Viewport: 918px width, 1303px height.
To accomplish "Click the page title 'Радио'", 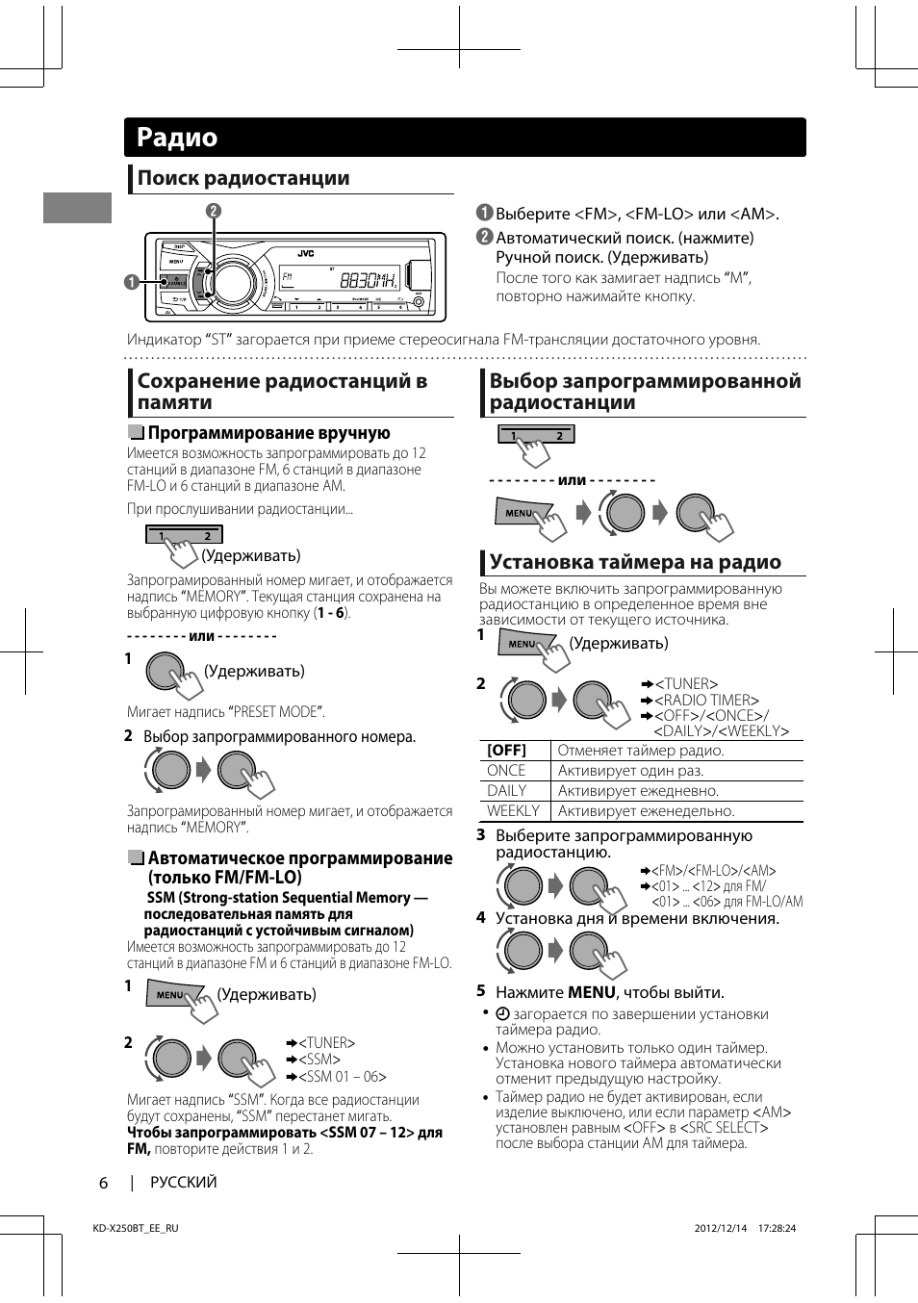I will pyautogui.click(x=177, y=138).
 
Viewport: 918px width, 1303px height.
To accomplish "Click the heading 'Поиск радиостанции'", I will pyautogui.click(x=243, y=178).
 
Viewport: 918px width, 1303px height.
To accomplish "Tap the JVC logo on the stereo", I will pyautogui.click(x=305, y=253).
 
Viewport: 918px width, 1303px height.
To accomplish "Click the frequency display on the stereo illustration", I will pyautogui.click(x=367, y=280).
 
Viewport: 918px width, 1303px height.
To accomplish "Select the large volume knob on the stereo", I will pyautogui.click(x=232, y=282).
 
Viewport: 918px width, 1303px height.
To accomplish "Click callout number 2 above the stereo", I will pyautogui.click(x=214, y=211).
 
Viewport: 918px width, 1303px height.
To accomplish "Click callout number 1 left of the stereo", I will pyautogui.click(x=131, y=282).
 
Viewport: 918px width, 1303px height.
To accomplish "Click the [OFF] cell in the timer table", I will pyautogui.click(x=506, y=751).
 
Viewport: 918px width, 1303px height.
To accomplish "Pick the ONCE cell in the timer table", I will pyautogui.click(x=506, y=771).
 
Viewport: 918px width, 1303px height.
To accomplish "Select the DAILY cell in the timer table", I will pyautogui.click(x=507, y=791).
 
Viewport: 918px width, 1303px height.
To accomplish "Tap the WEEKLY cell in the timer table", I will pyautogui.click(x=513, y=811).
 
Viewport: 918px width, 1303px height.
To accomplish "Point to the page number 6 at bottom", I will pyautogui.click(x=104, y=1183).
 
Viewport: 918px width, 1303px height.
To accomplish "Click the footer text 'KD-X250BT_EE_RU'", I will pyautogui.click(x=136, y=1228).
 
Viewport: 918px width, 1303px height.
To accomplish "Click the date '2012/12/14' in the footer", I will pyautogui.click(x=720, y=1228).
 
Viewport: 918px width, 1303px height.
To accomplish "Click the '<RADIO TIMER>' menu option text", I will pyautogui.click(x=706, y=701).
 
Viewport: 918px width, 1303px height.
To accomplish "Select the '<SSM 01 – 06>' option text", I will pyautogui.click(x=342, y=1077).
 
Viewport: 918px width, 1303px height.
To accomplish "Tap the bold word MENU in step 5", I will pyautogui.click(x=591, y=992).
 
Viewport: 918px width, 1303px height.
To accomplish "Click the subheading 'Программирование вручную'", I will pyautogui.click(x=268, y=433).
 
